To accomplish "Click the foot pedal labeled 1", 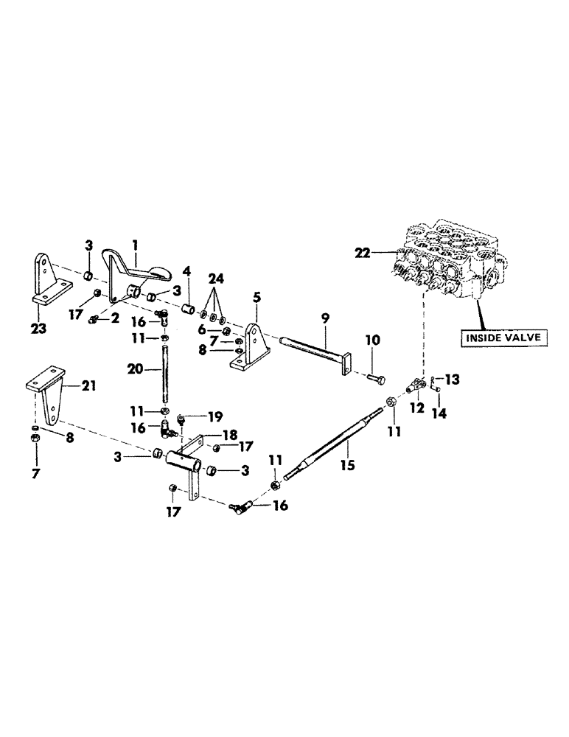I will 142,273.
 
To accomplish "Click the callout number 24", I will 214,279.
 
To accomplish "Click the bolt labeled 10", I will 374,377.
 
